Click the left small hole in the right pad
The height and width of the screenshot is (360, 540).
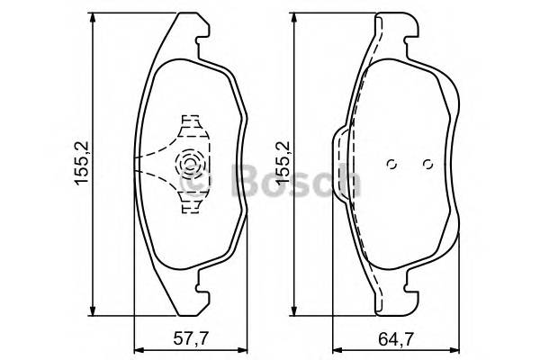click(x=391, y=164)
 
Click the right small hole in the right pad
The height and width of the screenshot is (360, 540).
click(x=427, y=164)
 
